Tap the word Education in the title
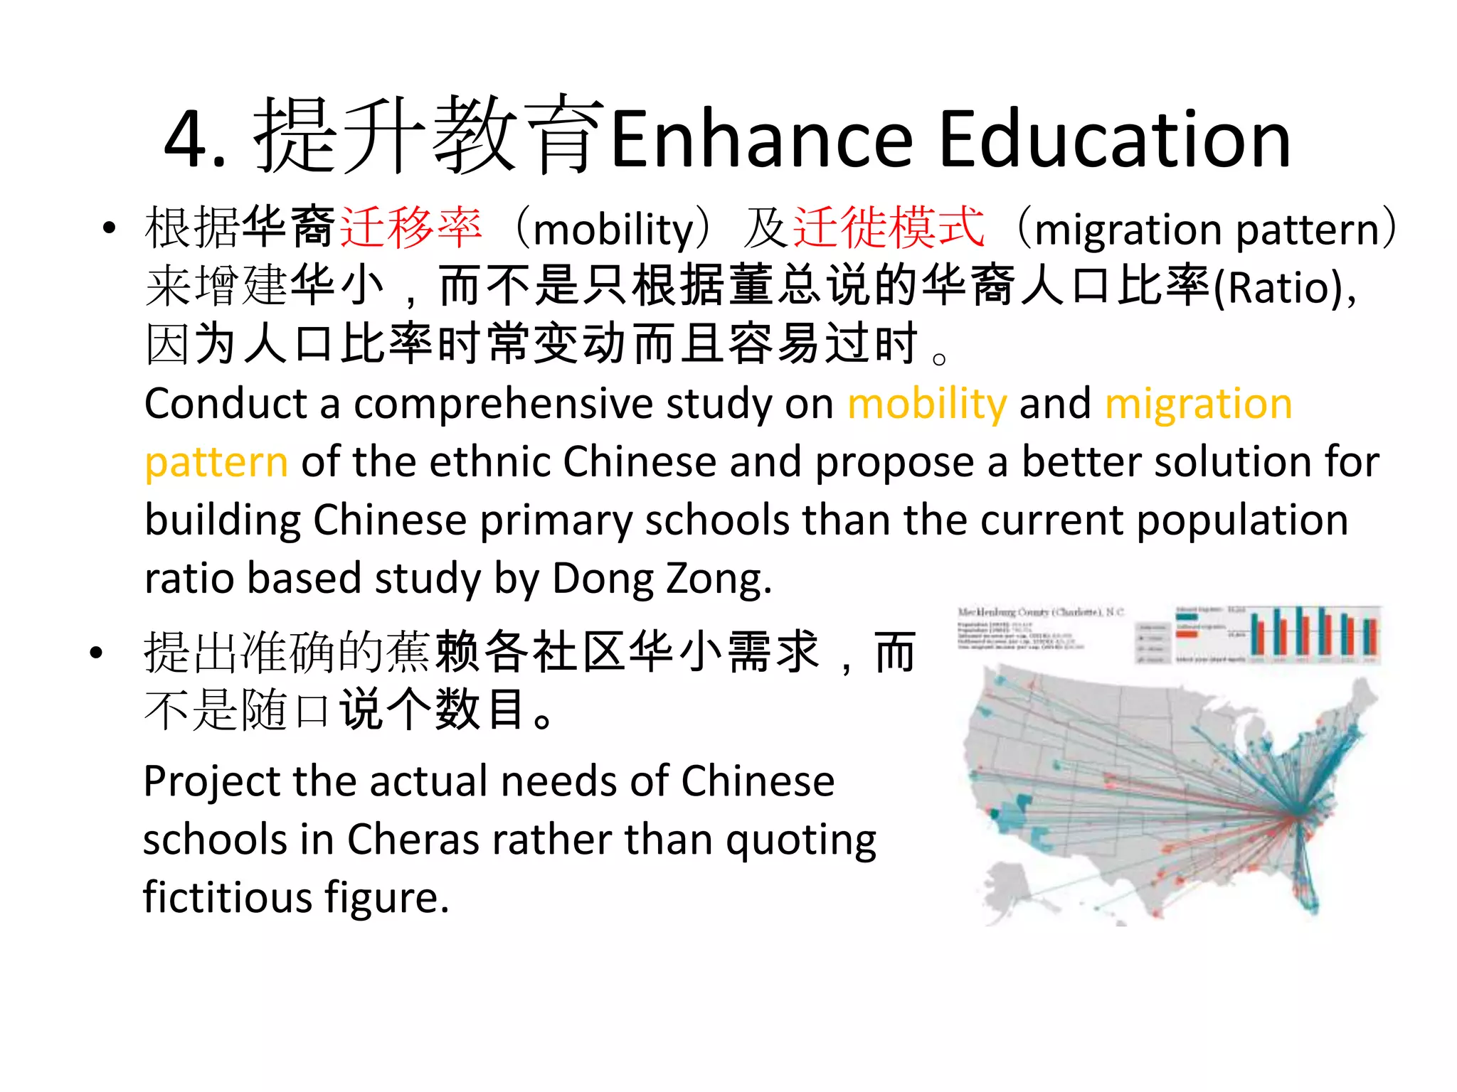(1114, 140)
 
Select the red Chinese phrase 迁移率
(411, 228)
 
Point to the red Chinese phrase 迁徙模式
(889, 228)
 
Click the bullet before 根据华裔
(108, 228)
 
